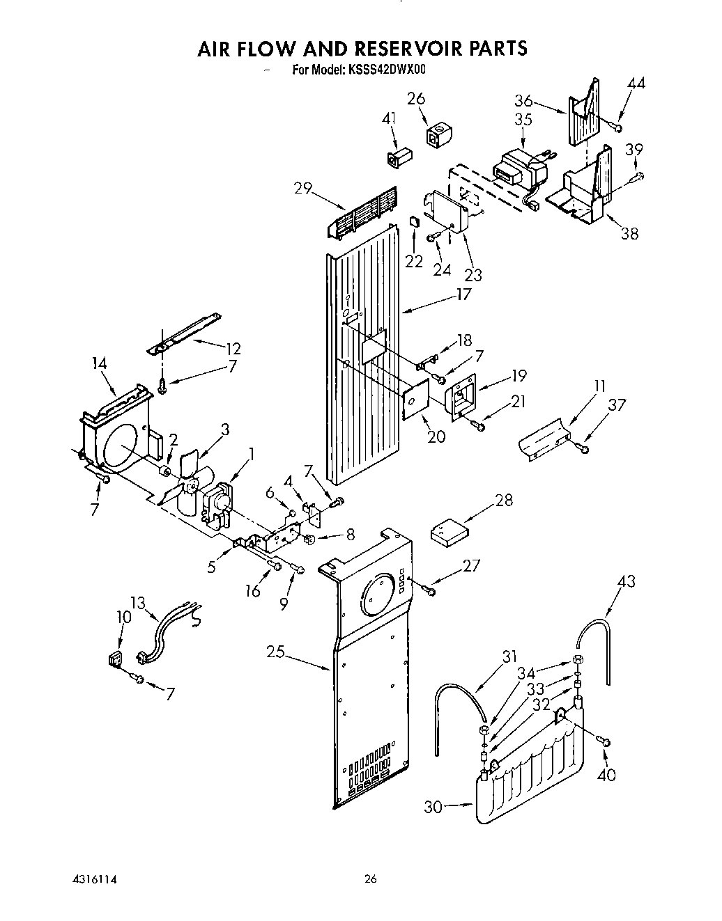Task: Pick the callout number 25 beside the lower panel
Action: pyautogui.click(x=277, y=652)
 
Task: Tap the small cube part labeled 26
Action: pyautogui.click(x=436, y=135)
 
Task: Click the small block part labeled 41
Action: pyautogui.click(x=397, y=156)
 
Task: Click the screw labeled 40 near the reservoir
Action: pyautogui.click(x=604, y=742)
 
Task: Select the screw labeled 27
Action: pyautogui.click(x=429, y=590)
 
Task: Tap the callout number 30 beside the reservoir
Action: pyautogui.click(x=434, y=807)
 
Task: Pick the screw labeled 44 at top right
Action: pyautogui.click(x=615, y=126)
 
